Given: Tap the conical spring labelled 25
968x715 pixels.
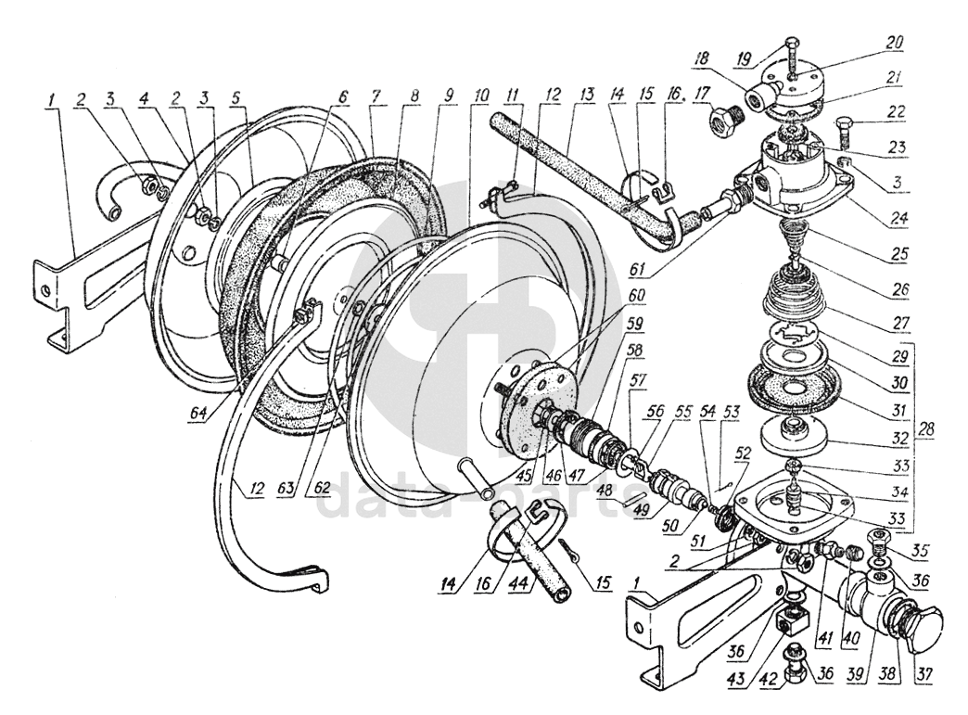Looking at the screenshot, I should (x=792, y=231).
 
